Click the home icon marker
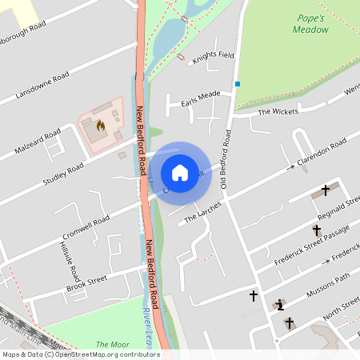pyautogui.click(x=180, y=173)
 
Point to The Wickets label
pyautogui.click(x=277, y=111)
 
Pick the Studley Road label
pyautogui.click(x=64, y=173)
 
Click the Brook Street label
pyautogui.click(x=86, y=282)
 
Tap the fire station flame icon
pyautogui.click(x=101, y=126)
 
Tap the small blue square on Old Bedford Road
pyautogui.click(x=237, y=84)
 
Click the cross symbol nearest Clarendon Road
pyautogui.click(x=326, y=190)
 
